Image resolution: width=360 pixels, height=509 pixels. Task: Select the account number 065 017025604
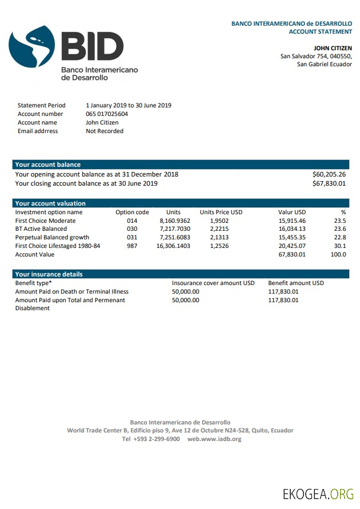107,114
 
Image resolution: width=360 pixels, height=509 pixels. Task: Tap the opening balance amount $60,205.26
329,174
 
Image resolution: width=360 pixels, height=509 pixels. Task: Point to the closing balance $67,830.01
329,183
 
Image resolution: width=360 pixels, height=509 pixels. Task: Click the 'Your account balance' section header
48,165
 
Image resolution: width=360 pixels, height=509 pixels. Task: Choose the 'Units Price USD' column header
221,212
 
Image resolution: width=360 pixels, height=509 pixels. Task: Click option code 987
132,246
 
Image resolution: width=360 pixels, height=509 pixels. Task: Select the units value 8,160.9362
175,221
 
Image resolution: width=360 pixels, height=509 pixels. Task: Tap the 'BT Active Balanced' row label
41,229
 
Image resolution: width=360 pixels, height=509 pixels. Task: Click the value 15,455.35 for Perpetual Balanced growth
292,238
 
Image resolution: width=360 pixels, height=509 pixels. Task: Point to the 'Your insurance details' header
49,274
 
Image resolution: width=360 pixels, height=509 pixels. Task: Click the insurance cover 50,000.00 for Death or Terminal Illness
186,291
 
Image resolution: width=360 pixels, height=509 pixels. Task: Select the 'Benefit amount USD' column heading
296,283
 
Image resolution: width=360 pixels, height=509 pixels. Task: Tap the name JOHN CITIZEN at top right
333,48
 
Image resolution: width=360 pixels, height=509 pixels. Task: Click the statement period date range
129,105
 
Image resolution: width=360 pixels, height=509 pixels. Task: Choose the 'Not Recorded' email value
105,131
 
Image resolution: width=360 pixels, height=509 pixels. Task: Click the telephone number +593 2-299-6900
151,439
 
